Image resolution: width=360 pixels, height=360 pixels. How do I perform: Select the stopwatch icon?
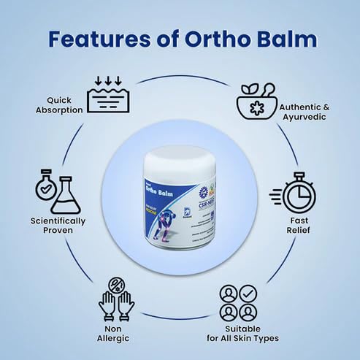coord(295,192)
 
